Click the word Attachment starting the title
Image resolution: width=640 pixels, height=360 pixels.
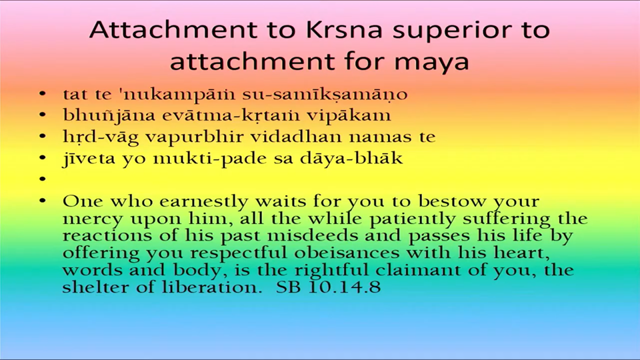(173, 30)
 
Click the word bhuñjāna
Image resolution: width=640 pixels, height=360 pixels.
(109, 115)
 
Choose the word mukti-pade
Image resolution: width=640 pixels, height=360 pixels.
(210, 159)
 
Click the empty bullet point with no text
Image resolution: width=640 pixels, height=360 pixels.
(43, 179)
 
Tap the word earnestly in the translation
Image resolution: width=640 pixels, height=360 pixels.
(204, 201)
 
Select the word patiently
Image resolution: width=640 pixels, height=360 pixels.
(412, 219)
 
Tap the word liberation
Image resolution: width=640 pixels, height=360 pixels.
(212, 287)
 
